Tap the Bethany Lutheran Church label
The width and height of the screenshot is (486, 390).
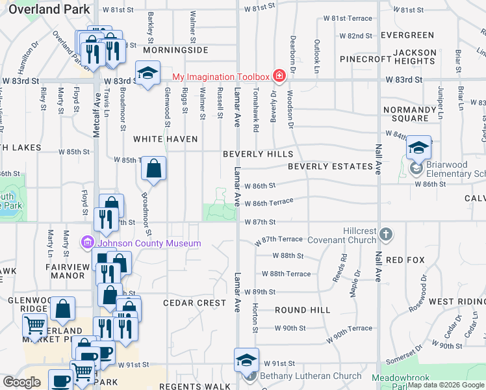click(311, 376)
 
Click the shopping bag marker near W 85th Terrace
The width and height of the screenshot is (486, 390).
click(153, 170)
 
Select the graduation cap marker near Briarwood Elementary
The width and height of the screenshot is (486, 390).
click(419, 148)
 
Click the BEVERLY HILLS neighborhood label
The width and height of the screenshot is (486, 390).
click(258, 154)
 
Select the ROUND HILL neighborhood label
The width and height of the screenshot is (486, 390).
click(302, 310)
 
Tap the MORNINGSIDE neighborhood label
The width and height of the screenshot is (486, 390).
click(175, 50)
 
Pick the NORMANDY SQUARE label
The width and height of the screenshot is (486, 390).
click(409, 114)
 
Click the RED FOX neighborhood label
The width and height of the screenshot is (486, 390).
click(405, 260)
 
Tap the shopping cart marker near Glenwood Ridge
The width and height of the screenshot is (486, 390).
click(34, 324)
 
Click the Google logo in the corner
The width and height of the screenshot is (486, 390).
click(22, 382)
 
